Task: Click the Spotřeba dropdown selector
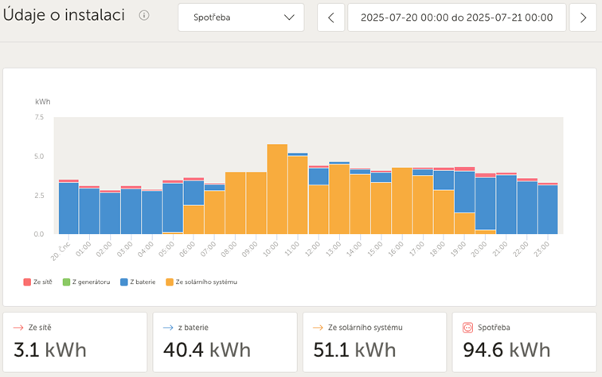[240, 17]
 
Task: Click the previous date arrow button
[331, 17]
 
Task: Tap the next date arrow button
[583, 17]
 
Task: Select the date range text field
[456, 17]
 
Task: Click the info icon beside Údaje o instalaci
[144, 15]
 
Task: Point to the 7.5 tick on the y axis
[40, 118]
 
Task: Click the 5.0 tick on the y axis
[40, 157]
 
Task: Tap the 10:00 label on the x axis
[273, 247]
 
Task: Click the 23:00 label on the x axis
[545, 247]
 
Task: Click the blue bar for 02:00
[110, 213]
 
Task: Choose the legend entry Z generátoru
[88, 282]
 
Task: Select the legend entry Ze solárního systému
[205, 282]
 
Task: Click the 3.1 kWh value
[50, 350]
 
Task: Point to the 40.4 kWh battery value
[207, 350]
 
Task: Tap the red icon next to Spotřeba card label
[468, 327]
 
